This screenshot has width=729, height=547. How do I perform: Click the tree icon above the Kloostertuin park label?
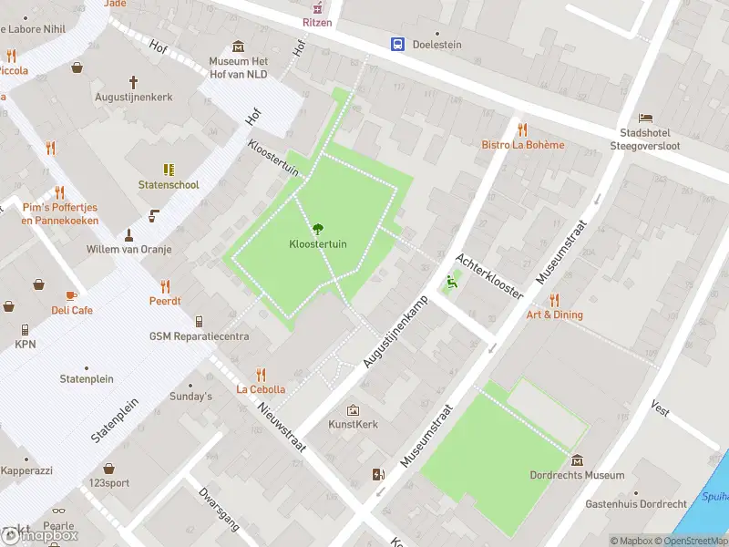tap(317, 229)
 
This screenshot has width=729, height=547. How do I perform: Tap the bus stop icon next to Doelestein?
tap(398, 44)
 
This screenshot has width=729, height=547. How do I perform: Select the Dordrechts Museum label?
tap(577, 475)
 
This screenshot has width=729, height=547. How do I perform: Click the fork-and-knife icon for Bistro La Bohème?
tap(522, 129)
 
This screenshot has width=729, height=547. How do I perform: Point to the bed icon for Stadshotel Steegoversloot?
tap(645, 118)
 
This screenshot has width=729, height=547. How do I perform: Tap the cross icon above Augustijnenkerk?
tap(133, 81)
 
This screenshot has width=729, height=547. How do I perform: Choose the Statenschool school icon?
tap(169, 170)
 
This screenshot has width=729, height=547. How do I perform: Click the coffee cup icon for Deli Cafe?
tap(72, 295)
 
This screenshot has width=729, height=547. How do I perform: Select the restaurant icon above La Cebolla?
tap(261, 374)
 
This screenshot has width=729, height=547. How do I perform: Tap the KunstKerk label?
tap(353, 424)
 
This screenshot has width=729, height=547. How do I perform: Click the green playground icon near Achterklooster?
tap(449, 282)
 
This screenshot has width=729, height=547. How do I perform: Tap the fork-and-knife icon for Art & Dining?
tap(553, 300)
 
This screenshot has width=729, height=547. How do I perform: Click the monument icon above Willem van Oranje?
tap(128, 234)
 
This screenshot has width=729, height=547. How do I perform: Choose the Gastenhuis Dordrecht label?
tap(635, 504)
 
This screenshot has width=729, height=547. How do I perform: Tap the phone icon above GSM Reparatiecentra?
tap(199, 322)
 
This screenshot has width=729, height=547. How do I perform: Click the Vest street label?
tap(660, 411)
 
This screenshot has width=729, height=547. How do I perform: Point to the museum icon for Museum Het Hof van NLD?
tap(238, 47)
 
